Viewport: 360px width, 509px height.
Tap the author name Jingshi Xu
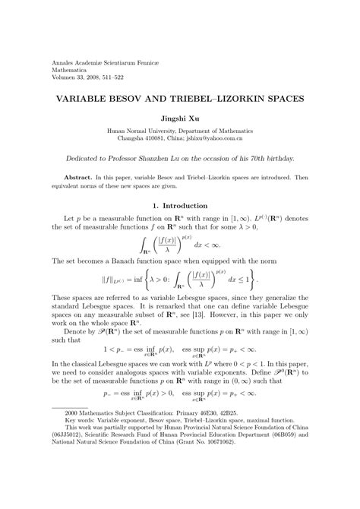tap(179, 119)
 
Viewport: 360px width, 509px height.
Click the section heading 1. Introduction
tap(180, 206)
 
